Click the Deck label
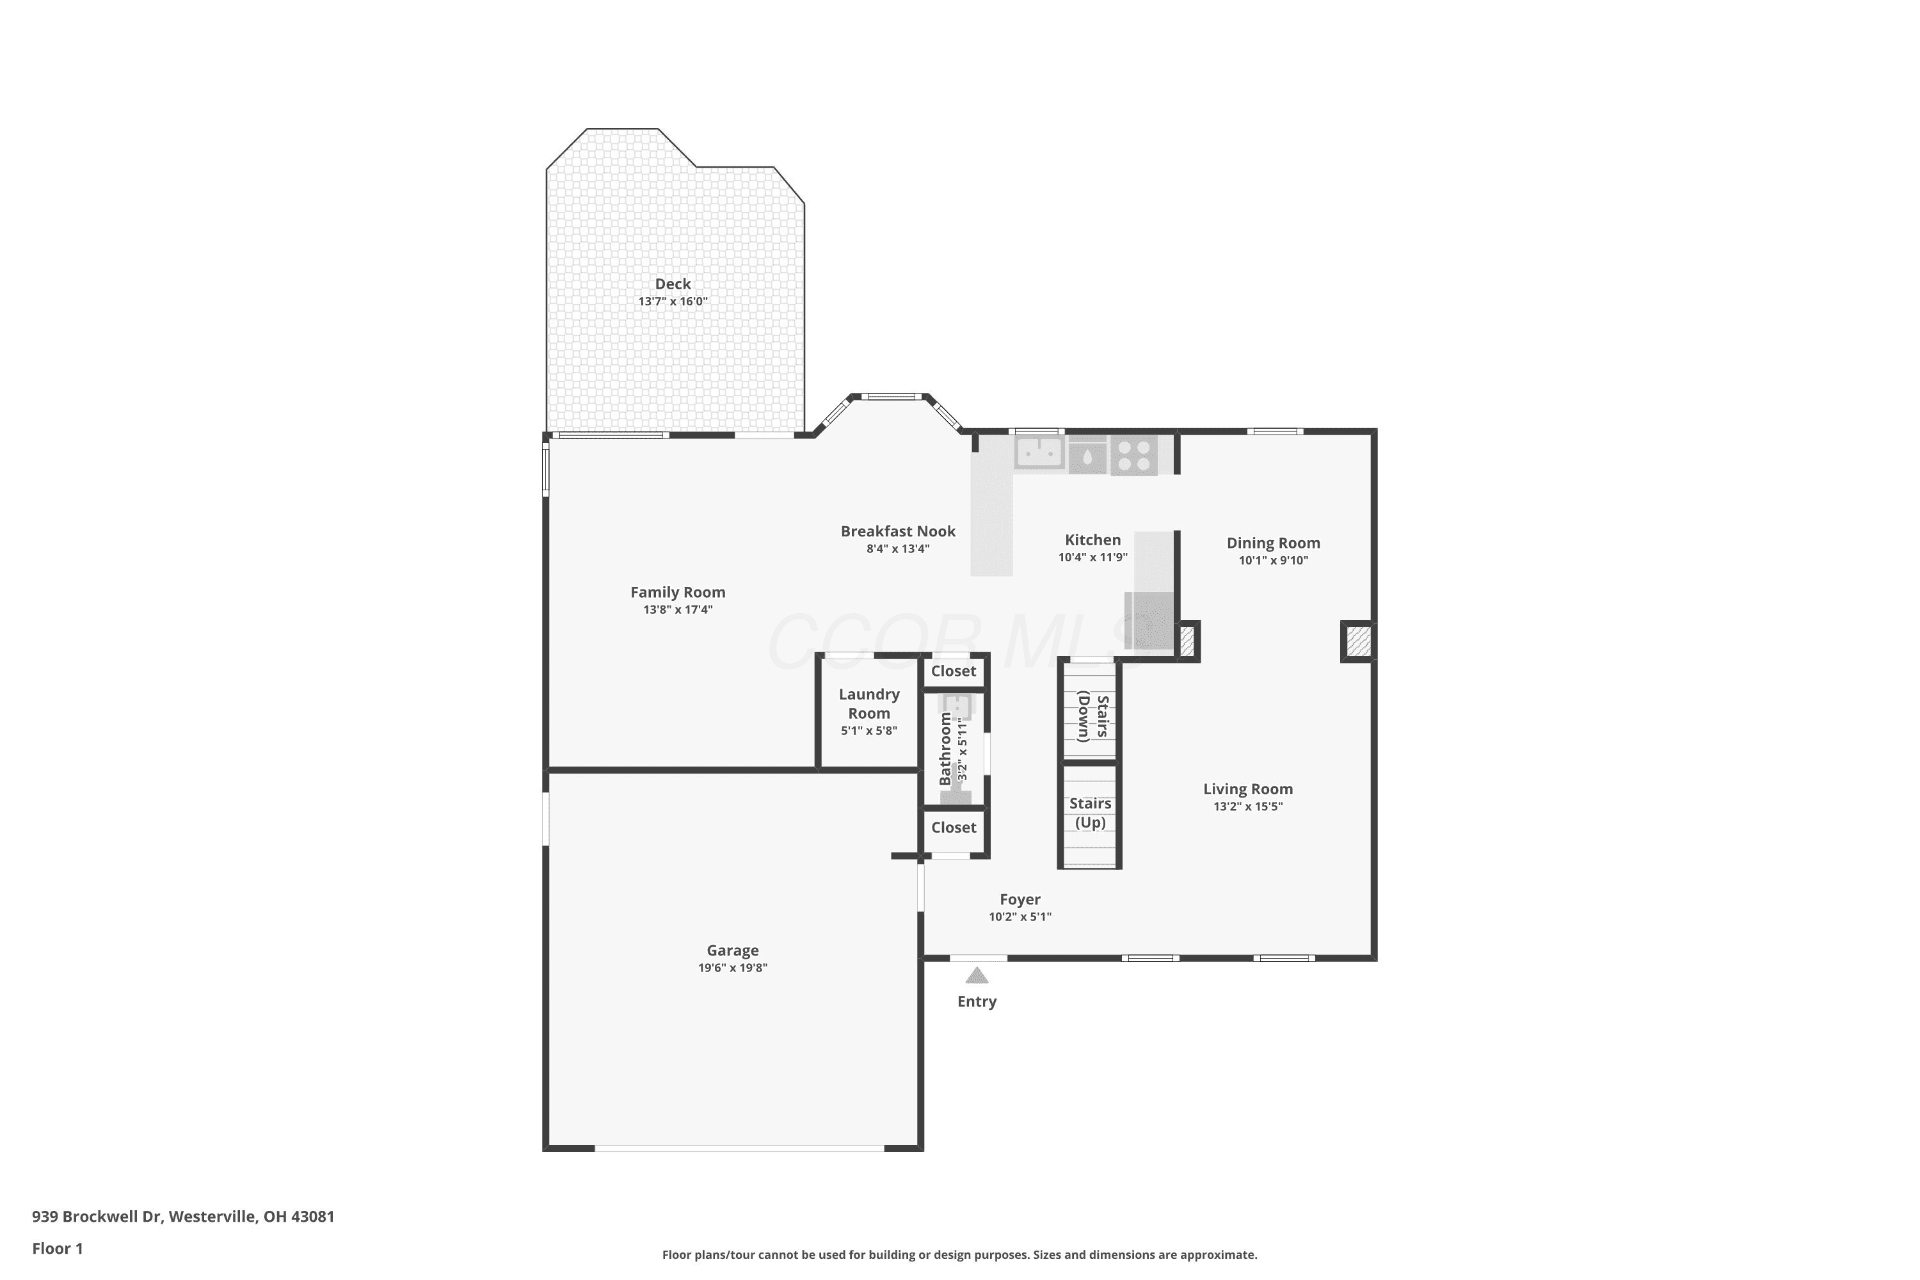click(673, 284)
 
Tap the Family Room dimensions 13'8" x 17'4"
click(678, 610)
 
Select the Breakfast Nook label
click(898, 531)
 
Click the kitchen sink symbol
click(1039, 452)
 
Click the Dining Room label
click(1273, 543)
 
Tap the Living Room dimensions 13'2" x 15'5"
click(1247, 806)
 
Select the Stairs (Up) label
click(1090, 813)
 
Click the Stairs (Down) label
click(1093, 717)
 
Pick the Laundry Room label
click(868, 703)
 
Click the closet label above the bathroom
click(954, 671)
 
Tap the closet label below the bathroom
click(954, 828)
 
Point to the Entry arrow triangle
click(977, 975)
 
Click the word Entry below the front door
click(977, 1002)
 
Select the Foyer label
click(1020, 900)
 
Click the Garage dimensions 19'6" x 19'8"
click(732, 968)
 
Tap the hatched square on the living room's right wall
click(1358, 642)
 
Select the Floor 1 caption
click(57, 1248)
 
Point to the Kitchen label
click(1092, 540)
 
